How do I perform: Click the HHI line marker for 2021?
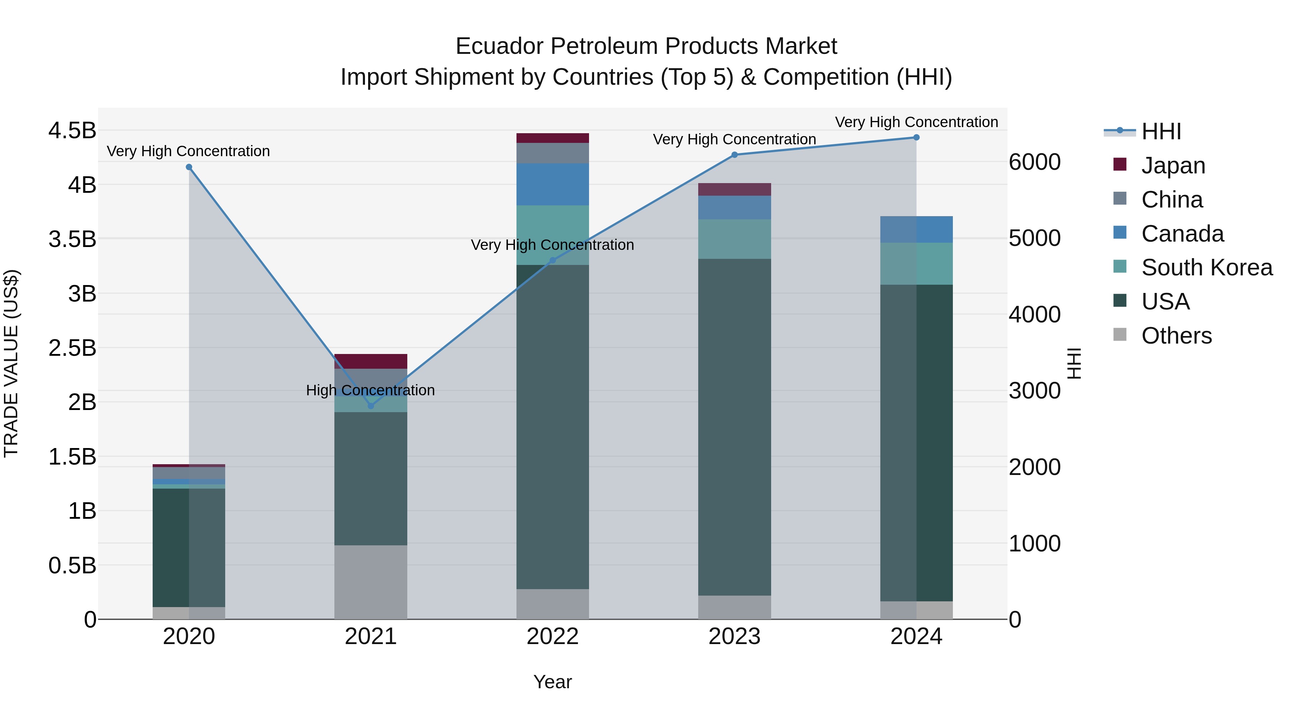coord(371,405)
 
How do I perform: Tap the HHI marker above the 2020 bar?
coord(189,167)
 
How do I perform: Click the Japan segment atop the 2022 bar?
coord(553,138)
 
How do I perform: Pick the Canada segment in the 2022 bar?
coord(553,184)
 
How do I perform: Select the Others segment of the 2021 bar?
coord(371,582)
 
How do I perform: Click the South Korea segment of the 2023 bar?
coord(734,239)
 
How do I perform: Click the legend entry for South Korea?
coord(1207,267)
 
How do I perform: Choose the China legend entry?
coord(1172,200)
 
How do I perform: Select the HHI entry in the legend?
coord(1161,131)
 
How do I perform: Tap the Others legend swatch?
coord(1120,335)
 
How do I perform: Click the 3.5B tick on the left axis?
coord(72,239)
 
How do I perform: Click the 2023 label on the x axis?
coord(734,637)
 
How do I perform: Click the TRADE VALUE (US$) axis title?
coord(11,363)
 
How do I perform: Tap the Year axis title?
coord(553,682)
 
